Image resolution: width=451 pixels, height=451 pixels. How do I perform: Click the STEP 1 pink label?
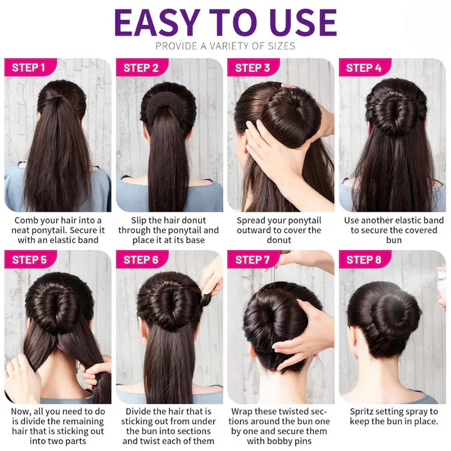31,68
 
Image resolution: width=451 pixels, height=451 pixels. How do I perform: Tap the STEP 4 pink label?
365,68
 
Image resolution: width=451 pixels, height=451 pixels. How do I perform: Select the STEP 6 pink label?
142,259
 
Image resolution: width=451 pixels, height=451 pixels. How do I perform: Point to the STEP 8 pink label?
365,259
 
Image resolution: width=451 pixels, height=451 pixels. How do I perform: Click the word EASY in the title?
157,23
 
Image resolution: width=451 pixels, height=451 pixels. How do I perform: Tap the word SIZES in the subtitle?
281,46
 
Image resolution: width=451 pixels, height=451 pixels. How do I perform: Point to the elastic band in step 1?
58,96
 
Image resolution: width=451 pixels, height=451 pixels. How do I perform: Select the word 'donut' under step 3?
279,240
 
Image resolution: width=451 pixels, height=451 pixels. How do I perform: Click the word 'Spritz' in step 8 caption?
362,412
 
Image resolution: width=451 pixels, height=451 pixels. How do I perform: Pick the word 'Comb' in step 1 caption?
24,220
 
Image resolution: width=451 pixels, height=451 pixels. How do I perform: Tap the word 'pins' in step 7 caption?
303,441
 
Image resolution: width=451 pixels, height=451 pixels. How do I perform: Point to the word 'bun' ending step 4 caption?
394,240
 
